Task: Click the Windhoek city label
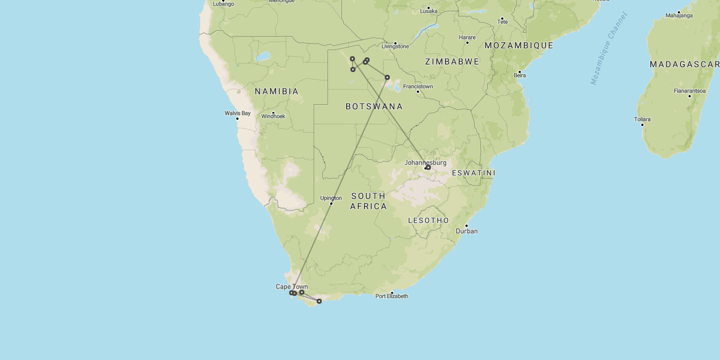[x=273, y=116]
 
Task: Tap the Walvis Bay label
[x=237, y=113]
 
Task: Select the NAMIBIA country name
[x=277, y=91]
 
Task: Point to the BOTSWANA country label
[x=374, y=106]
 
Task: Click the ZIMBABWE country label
[x=452, y=61]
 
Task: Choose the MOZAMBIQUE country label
[x=519, y=45]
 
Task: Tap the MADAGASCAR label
[x=685, y=65]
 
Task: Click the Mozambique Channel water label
[x=609, y=48]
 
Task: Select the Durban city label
[x=467, y=231]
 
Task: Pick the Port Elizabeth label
[x=392, y=296]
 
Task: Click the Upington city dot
[x=331, y=203]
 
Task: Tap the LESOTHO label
[x=429, y=220]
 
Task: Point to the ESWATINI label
[x=474, y=173]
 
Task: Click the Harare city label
[x=467, y=38]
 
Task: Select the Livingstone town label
[x=395, y=46]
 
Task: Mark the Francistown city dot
[x=418, y=92]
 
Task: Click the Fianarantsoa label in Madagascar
[x=690, y=91]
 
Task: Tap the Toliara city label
[x=642, y=119]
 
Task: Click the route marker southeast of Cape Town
[x=319, y=301]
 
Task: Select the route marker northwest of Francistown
[x=387, y=77]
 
